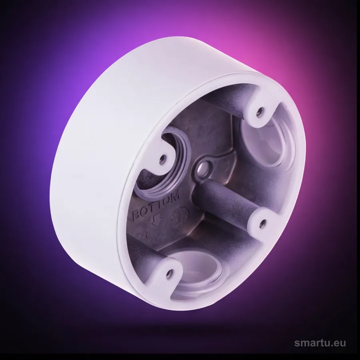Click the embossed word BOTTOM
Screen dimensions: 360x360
coord(156,206)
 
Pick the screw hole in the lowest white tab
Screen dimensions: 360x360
coord(170,273)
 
